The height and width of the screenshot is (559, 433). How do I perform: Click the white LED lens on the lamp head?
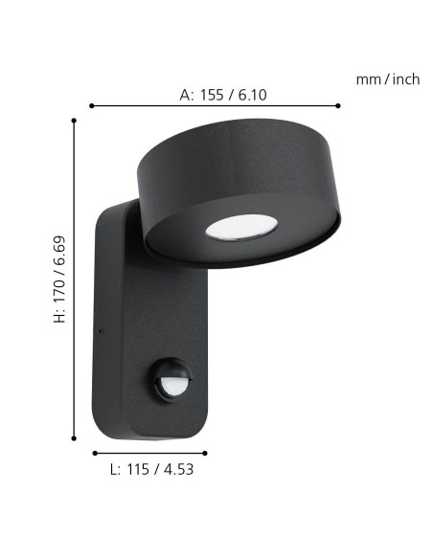pos(241,227)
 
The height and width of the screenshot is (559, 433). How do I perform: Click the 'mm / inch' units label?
pos(388,79)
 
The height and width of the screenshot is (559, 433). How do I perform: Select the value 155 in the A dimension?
pos(212,95)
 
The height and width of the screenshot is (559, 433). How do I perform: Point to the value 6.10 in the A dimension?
pos(253,95)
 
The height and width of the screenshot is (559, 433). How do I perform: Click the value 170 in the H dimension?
pos(59,290)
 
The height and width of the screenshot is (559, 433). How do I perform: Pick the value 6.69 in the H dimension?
pos(59,250)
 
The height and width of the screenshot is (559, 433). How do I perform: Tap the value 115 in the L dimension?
pos(138,469)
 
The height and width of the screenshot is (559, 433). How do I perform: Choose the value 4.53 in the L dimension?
pos(179,469)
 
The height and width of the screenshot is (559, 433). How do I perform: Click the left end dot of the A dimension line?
pos(92,105)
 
